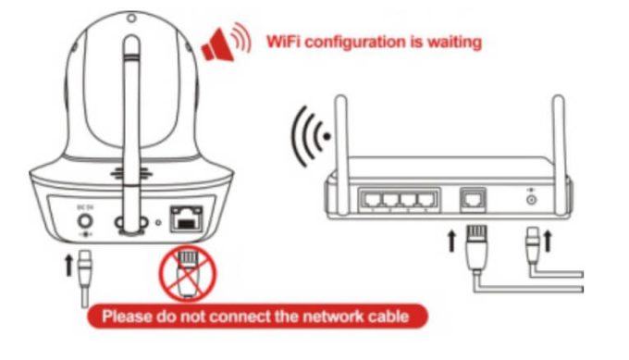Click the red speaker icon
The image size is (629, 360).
226,43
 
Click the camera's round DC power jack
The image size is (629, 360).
85,221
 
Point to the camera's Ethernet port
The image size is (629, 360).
187,218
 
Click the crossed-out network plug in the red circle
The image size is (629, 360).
188,274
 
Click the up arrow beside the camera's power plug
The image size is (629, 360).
68,267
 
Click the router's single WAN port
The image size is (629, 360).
474,200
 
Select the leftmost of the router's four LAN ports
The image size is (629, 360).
371,199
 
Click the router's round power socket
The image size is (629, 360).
532,200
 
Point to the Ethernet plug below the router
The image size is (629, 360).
477,248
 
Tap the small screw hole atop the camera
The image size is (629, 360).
131,19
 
